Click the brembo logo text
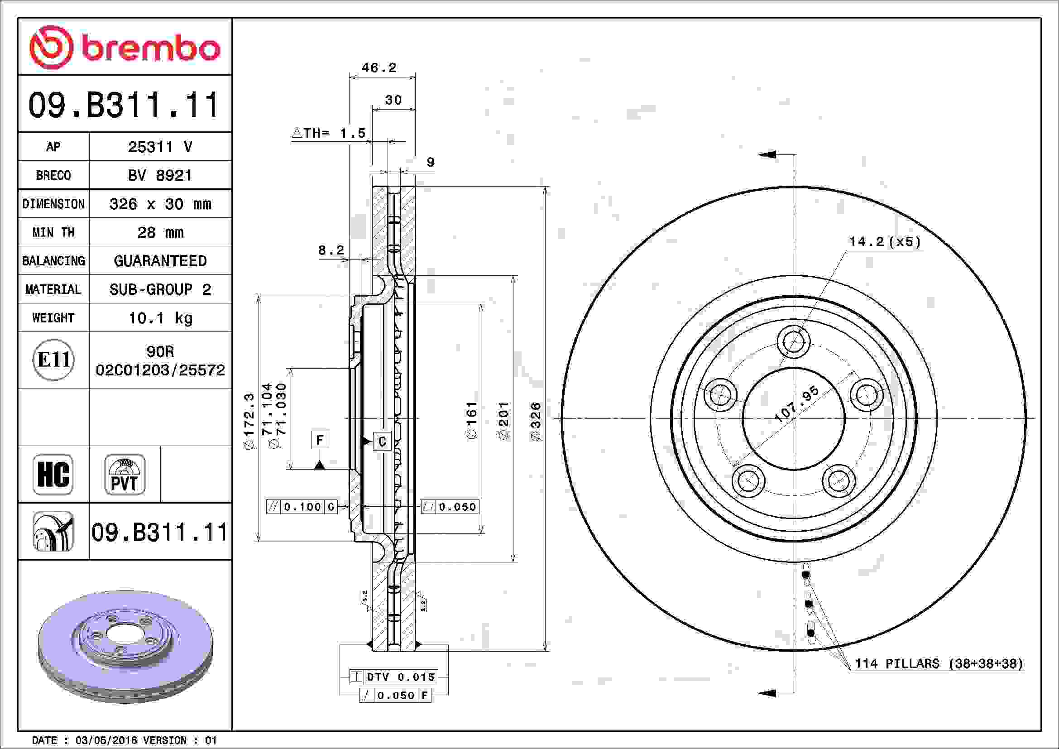click(150, 48)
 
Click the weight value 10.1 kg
click(160, 318)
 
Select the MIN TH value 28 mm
click(160, 232)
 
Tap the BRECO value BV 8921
click(160, 175)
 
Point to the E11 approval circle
click(53, 360)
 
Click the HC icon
click(53, 474)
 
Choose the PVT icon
click(125, 474)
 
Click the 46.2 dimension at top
click(379, 68)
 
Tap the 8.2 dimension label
click(331, 250)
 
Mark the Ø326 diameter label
click(536, 421)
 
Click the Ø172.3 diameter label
click(249, 421)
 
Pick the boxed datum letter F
click(320, 440)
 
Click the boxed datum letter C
click(382, 442)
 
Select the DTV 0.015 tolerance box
click(393, 677)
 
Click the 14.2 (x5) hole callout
click(884, 242)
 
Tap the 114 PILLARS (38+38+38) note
click(939, 664)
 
